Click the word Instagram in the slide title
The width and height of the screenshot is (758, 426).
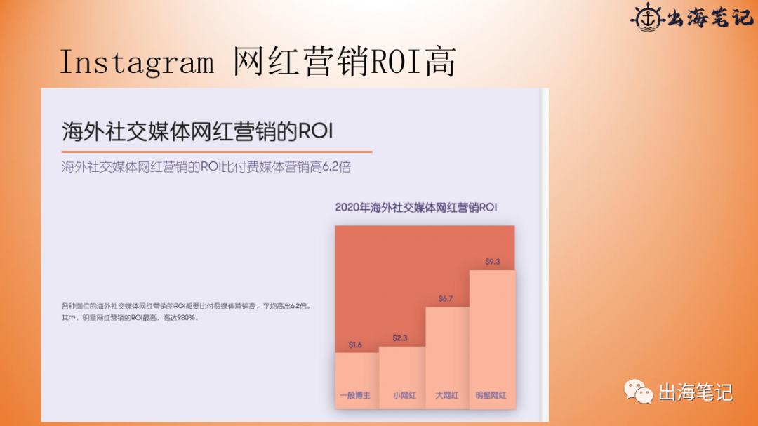[137, 62]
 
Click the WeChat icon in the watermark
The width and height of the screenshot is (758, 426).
[639, 392]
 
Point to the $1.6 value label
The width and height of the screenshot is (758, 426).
[355, 345]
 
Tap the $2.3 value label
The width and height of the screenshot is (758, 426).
[400, 338]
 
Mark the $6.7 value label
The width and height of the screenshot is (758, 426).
[446, 299]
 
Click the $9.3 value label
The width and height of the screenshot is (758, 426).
[493, 262]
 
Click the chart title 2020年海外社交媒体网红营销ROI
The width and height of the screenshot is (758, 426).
[415, 207]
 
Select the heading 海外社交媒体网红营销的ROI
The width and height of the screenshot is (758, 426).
[197, 131]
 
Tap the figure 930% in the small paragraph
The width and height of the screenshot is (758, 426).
[187, 318]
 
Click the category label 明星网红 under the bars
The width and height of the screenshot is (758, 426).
[491, 396]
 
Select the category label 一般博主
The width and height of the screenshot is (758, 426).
[354, 396]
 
